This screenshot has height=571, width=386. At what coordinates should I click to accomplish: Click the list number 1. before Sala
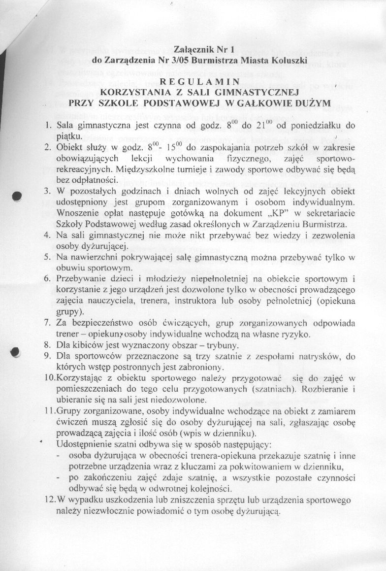pyautogui.click(x=48, y=125)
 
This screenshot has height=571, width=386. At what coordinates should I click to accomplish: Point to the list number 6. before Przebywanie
pyautogui.click(x=48, y=279)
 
